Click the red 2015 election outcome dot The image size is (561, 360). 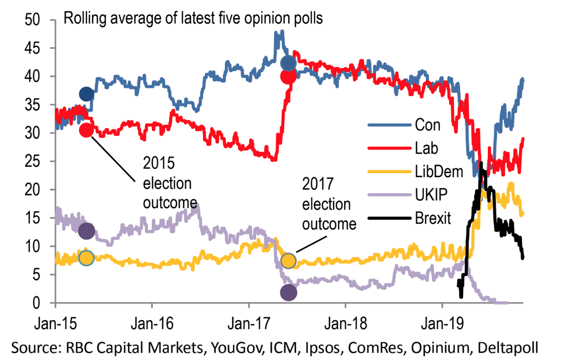point(86,130)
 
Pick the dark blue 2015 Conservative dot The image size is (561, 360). point(86,95)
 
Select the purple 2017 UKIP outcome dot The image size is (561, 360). point(289,293)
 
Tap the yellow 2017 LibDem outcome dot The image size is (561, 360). point(289,261)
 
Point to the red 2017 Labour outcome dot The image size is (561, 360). point(289,77)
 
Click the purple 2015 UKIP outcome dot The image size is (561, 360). point(86,231)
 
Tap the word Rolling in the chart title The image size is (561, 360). point(85,19)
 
